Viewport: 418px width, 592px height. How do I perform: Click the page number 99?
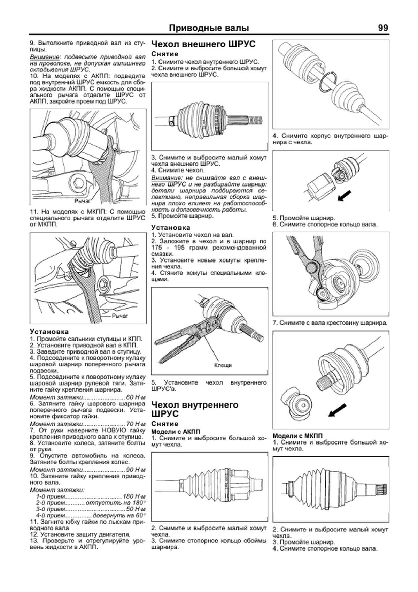[x=382, y=28]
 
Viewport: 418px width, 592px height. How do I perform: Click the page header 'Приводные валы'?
[x=209, y=28]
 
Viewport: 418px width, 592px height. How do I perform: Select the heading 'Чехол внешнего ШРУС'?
[x=203, y=44]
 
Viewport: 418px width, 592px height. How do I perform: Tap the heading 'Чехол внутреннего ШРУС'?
[x=195, y=409]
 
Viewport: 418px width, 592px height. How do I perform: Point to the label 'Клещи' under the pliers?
[x=223, y=365]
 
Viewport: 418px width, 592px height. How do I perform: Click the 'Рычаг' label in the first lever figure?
[x=82, y=201]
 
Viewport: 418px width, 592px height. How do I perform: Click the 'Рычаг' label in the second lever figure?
[x=120, y=316]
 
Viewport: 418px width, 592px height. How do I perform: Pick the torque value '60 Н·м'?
[x=136, y=397]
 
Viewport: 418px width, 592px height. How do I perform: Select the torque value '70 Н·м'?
[x=136, y=424]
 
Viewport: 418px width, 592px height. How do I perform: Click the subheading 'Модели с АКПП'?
[x=176, y=432]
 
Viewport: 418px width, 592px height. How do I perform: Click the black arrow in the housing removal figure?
[x=345, y=196]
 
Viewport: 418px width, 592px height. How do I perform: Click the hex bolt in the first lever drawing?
[x=78, y=182]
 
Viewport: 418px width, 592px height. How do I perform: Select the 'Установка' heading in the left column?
[x=49, y=332]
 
